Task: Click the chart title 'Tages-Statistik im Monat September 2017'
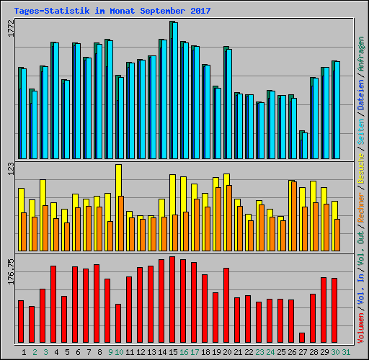tap(112, 11)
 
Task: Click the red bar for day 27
tap(301, 338)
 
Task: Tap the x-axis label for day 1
tap(25, 352)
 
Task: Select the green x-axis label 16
tap(184, 352)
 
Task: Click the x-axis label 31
tap(346, 352)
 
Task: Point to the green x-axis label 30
tap(335, 352)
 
